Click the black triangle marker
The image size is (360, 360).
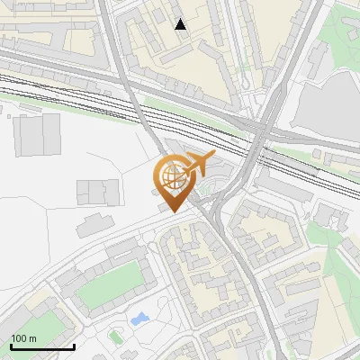181,24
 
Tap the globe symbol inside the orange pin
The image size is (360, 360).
171,174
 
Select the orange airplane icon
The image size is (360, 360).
199,164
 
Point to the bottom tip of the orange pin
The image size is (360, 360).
171,212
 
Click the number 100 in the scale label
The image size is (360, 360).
20,338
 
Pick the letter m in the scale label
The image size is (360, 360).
33,338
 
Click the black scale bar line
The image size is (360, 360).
42,346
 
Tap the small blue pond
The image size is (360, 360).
139,319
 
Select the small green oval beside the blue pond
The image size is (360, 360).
116,335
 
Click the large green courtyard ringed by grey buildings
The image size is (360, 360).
110,286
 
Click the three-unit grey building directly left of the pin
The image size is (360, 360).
98,192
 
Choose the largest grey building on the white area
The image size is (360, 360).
39,135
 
